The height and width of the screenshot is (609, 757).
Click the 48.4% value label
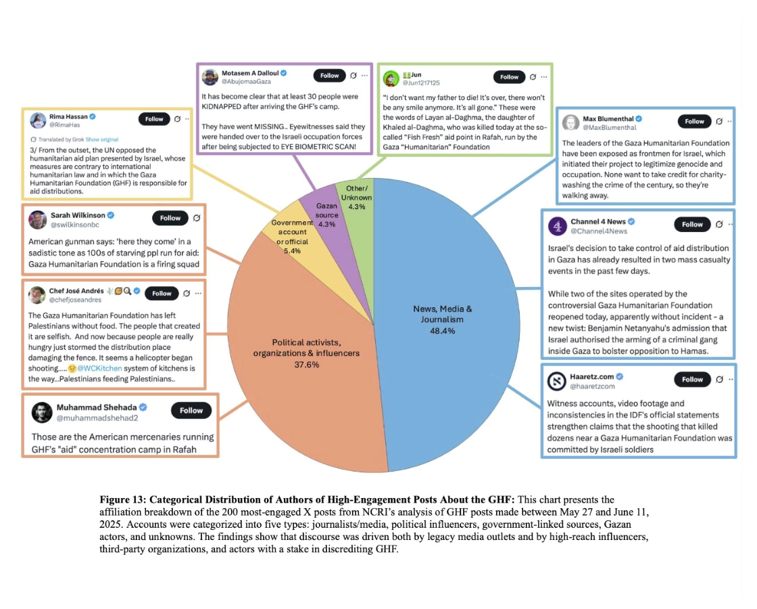tap(442, 331)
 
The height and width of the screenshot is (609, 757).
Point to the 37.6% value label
tap(307, 365)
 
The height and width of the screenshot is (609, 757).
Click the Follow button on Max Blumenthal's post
tap(694, 121)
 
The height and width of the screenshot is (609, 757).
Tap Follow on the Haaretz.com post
tap(692, 380)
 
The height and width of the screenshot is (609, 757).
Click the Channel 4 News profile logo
tap(558, 226)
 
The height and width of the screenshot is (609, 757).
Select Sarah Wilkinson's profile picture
tap(38, 219)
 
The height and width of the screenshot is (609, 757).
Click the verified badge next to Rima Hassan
tap(92, 116)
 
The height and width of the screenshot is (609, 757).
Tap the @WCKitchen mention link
tap(99, 368)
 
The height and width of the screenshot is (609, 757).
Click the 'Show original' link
tap(102, 139)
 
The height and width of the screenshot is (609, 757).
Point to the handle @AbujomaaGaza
tap(246, 82)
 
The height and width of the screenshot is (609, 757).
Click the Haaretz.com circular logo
tap(557, 381)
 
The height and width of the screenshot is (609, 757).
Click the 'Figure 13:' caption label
tap(122, 500)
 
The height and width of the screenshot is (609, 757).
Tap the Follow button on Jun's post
tap(510, 77)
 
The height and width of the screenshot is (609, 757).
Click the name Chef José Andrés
tap(76, 290)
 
